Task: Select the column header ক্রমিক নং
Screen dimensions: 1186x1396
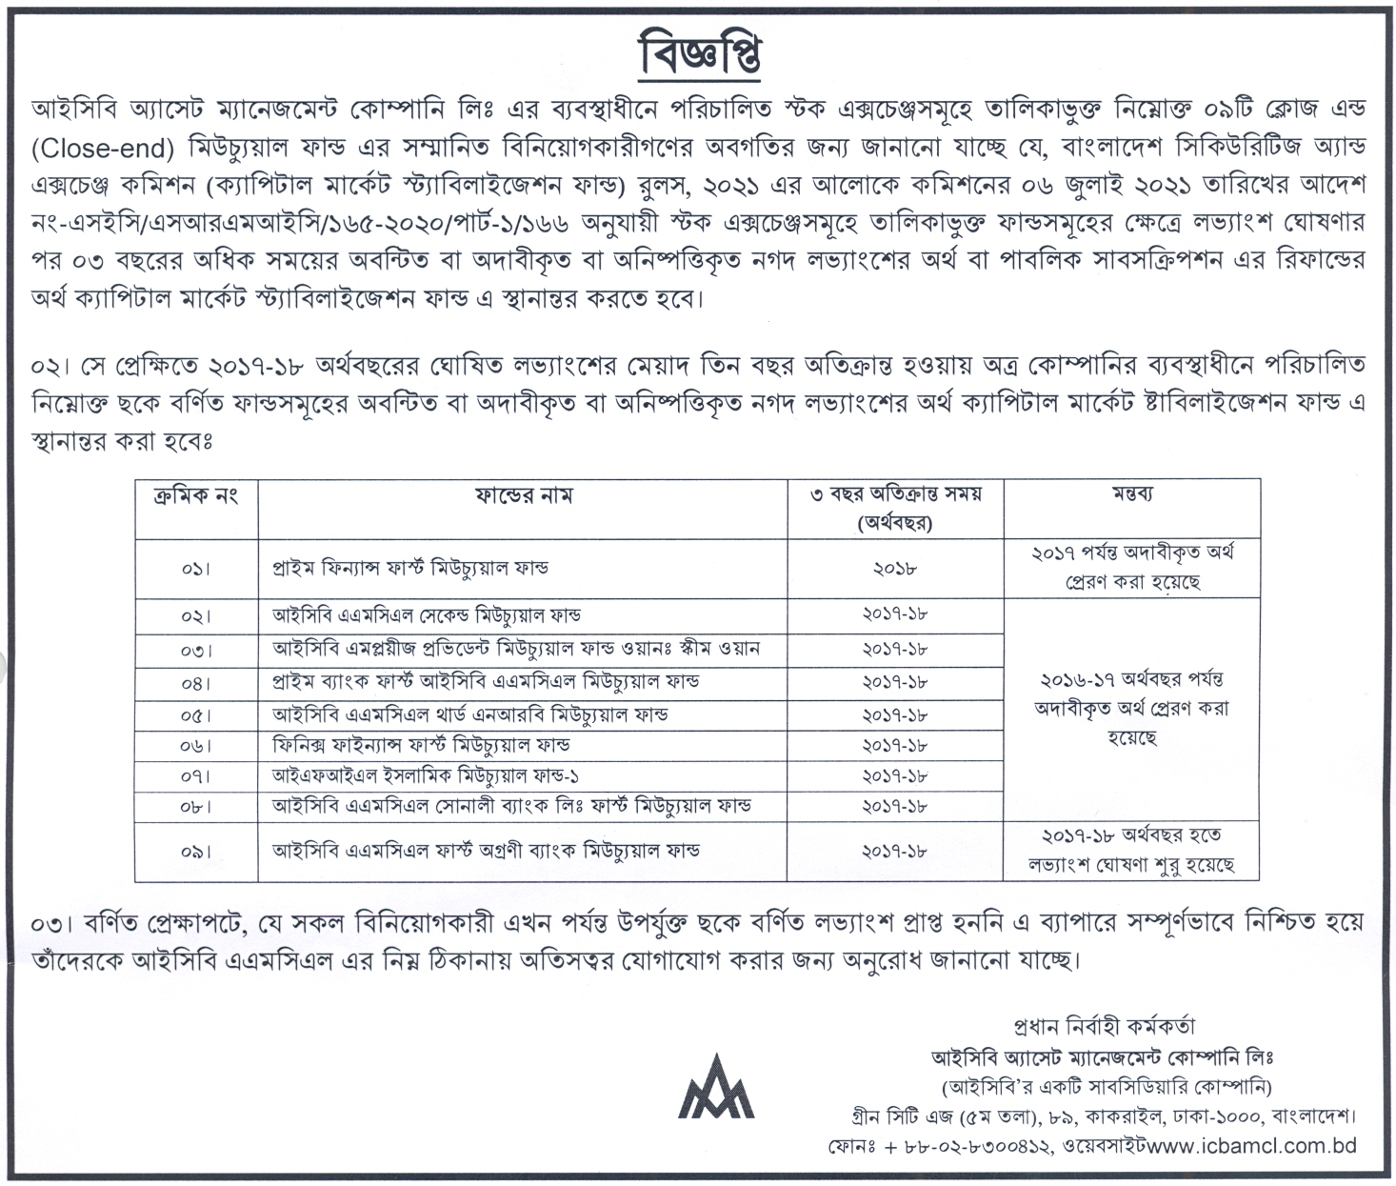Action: coord(194,495)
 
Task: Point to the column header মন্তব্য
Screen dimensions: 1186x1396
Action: coord(1132,495)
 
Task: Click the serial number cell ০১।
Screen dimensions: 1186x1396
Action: coord(194,569)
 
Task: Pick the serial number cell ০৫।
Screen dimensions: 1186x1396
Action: coord(194,714)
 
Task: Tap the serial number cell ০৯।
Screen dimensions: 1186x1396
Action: coord(194,851)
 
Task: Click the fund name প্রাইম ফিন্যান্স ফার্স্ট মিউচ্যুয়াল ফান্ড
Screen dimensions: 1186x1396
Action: coord(410,568)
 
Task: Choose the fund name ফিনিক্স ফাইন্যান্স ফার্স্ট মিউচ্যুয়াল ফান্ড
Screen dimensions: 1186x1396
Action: coord(422,745)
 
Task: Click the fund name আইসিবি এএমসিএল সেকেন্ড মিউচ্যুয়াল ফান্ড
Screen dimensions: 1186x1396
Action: coord(427,616)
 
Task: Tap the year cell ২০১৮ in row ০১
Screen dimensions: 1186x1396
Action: coord(894,569)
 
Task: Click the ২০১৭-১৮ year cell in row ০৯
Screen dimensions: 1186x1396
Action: coord(894,851)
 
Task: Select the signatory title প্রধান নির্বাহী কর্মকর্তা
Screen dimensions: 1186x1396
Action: coord(1104,1027)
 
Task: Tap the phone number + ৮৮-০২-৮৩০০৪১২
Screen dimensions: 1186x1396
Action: coord(966,1148)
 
